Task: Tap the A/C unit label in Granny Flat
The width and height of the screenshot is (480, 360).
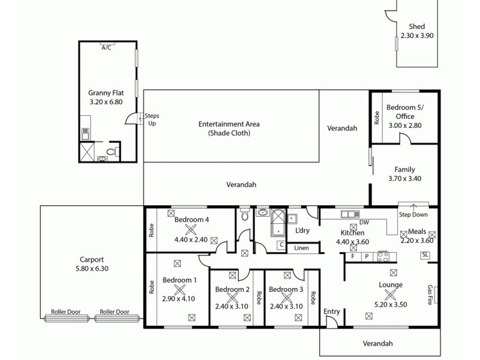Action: pyautogui.click(x=107, y=47)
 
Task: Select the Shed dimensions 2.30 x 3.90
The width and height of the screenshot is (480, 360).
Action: pyautogui.click(x=417, y=35)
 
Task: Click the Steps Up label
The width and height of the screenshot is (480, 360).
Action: pyautogui.click(x=152, y=119)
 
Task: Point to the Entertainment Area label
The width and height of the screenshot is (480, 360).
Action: pyautogui.click(x=224, y=124)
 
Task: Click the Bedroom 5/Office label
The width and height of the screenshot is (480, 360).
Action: pyautogui.click(x=401, y=112)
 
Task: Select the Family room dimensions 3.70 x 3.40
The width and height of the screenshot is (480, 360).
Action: pyautogui.click(x=404, y=178)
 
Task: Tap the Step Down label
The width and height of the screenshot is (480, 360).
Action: pyautogui.click(x=413, y=215)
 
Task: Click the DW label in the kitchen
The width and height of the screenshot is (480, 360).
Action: pyautogui.click(x=364, y=223)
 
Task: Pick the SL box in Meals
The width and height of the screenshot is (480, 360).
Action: pyautogui.click(x=425, y=255)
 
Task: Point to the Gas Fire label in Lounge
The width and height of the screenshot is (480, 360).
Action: pyautogui.click(x=430, y=295)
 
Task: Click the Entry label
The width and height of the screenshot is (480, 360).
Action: pyautogui.click(x=332, y=312)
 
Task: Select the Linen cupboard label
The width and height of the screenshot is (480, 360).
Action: pyautogui.click(x=302, y=248)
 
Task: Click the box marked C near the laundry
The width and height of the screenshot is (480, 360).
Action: pyautogui.click(x=280, y=245)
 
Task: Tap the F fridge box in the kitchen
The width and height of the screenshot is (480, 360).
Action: pyautogui.click(x=353, y=256)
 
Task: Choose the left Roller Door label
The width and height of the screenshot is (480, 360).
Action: pyautogui.click(x=64, y=312)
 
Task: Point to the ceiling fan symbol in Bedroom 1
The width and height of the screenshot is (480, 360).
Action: pyautogui.click(x=179, y=291)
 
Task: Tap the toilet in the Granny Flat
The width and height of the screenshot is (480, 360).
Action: pyautogui.click(x=110, y=151)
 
